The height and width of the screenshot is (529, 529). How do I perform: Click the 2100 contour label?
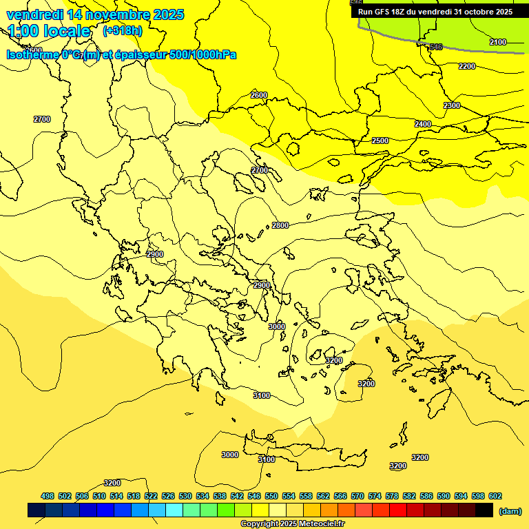pyautogui.click(x=497, y=43)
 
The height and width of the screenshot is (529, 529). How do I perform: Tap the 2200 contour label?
pyautogui.click(x=467, y=66)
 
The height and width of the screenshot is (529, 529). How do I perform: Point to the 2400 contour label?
pyautogui.click(x=423, y=124)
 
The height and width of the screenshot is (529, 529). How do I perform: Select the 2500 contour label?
pyautogui.click(x=380, y=141)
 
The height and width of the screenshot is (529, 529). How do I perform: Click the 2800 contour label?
pyautogui.click(x=280, y=225)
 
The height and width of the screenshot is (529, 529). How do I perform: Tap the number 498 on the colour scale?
pyautogui.click(x=48, y=496)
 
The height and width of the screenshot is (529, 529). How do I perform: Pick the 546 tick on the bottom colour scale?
pyautogui.click(x=254, y=496)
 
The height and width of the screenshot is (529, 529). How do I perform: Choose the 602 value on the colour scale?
pyautogui.click(x=495, y=496)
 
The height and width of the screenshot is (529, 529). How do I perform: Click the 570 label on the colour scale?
pyautogui.click(x=357, y=496)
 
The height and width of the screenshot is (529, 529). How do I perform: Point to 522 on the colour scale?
pyautogui.click(x=151, y=496)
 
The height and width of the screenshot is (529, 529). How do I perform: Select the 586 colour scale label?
pyautogui.click(x=426, y=496)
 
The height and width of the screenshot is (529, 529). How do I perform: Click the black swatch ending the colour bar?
pyautogui.click(x=484, y=510)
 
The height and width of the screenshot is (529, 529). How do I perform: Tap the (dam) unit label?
pyautogui.click(x=510, y=511)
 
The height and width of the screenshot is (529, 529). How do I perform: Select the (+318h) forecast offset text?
pyautogui.click(x=122, y=31)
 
